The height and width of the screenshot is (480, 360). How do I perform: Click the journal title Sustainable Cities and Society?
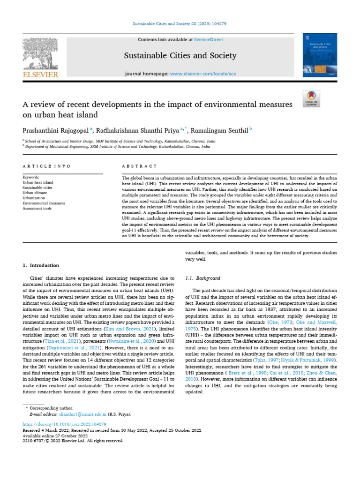click(x=180, y=56)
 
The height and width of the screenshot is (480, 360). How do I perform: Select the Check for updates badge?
click(x=311, y=98)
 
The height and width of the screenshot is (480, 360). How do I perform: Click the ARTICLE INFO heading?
click(x=47, y=166)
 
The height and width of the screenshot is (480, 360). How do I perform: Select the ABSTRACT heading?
click(x=139, y=166)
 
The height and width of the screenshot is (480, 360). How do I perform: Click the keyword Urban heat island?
click(x=38, y=183)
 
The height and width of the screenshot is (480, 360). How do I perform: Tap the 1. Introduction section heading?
click(x=41, y=265)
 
